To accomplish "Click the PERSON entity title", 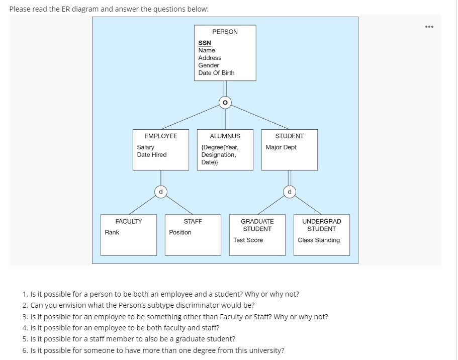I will (225, 32).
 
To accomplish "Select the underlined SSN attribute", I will (205, 43).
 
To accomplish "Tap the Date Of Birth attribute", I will (216, 73).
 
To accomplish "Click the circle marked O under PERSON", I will (225, 103).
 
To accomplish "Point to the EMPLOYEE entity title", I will (161, 136).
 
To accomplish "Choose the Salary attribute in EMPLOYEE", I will (146, 147).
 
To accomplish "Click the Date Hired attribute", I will (152, 155).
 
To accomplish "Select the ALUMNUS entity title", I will (225, 136).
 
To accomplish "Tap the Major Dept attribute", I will (281, 147).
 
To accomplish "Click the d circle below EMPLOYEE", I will (161, 192).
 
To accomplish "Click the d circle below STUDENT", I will (290, 192).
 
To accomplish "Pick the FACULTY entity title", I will (129, 221).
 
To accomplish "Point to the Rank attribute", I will (112, 232).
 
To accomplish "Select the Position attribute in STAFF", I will (180, 232).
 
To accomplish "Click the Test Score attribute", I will (248, 240).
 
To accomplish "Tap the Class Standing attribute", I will (319, 240).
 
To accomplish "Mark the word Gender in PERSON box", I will (209, 65).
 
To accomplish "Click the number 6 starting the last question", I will (25, 350).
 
